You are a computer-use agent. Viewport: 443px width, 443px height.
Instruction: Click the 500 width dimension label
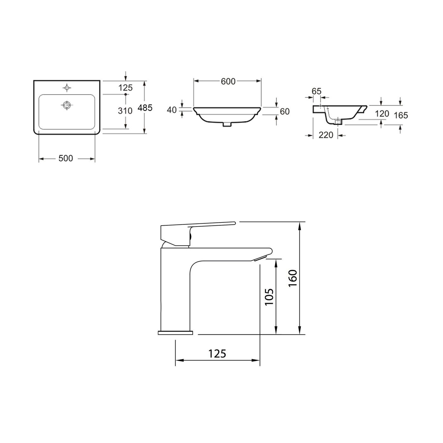tap(66, 158)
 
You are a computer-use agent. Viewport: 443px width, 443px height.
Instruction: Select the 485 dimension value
tap(146, 108)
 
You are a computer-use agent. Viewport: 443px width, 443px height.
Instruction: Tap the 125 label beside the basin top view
tap(126, 88)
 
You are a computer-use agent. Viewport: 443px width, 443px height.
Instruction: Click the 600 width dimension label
tap(228, 81)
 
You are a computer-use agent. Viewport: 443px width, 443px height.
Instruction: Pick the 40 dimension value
tap(172, 110)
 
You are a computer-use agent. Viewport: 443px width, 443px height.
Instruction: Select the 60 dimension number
tap(284, 111)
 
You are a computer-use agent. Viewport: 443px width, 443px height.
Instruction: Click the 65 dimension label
tap(316, 91)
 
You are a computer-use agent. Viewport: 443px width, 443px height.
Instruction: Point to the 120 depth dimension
tap(382, 114)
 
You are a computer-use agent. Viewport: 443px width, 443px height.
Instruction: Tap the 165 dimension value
tap(401, 115)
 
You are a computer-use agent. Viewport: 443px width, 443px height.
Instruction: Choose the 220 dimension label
tap(326, 135)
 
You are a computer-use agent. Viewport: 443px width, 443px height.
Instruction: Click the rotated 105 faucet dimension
tap(269, 296)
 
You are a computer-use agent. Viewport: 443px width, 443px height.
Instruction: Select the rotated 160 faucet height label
tap(293, 278)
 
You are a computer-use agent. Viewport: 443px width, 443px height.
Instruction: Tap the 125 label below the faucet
tap(217, 353)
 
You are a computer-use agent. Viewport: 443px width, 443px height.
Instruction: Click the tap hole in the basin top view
tap(67, 87)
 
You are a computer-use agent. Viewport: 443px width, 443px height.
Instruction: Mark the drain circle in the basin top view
tap(67, 105)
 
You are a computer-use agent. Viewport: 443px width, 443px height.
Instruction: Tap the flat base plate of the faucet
tap(175, 333)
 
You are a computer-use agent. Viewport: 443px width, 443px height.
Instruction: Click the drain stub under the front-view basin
tap(227, 124)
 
